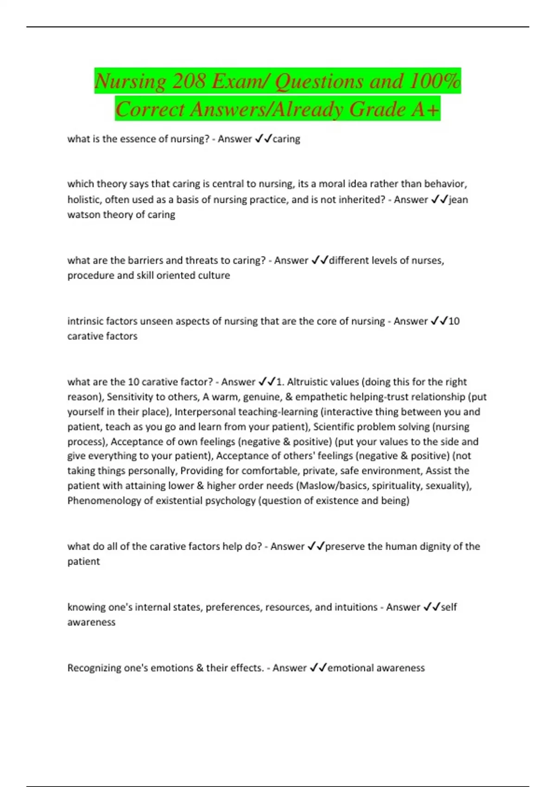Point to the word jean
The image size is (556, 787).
[x=458, y=200]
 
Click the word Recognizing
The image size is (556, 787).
[x=97, y=668]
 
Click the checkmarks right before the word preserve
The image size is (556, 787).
[x=316, y=546]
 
